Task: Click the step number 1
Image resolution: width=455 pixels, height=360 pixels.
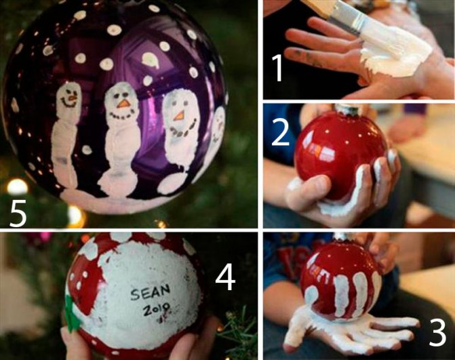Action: click(277, 68)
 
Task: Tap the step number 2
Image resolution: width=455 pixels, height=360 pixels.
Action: click(280, 133)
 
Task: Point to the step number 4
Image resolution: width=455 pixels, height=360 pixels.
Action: click(225, 278)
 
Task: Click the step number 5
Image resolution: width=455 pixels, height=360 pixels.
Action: click(18, 214)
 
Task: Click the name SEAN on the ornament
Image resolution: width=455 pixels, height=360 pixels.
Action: click(150, 293)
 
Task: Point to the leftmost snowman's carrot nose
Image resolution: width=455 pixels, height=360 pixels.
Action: click(72, 96)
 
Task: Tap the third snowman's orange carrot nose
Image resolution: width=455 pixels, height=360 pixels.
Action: click(180, 115)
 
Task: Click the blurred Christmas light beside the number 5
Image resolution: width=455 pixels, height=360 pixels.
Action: click(18, 187)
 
